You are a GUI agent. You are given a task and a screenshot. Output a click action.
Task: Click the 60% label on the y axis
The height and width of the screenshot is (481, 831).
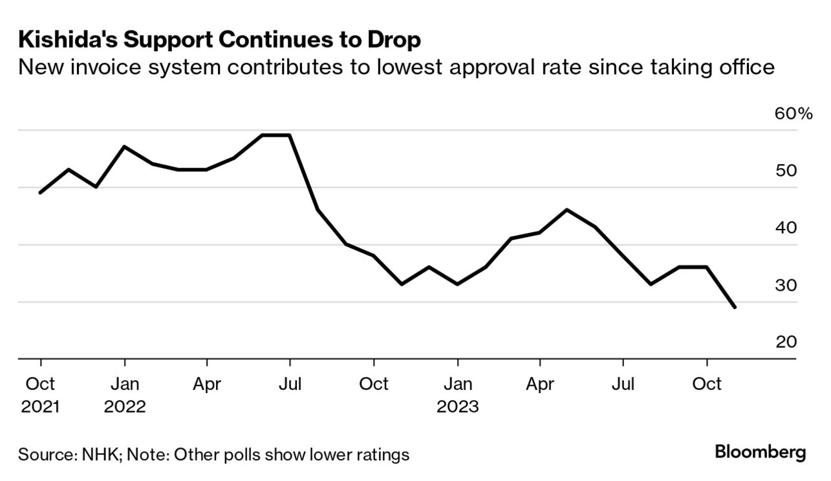[x=793, y=114]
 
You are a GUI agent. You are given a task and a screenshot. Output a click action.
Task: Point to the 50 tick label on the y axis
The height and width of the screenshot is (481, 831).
[x=786, y=171]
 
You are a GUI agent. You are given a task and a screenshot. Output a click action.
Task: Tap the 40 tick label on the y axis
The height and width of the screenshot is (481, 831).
[x=786, y=228]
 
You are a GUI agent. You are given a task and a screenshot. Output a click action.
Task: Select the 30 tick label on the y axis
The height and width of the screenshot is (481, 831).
[x=786, y=285]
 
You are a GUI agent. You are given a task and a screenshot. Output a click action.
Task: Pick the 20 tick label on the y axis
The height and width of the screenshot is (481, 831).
[x=786, y=342]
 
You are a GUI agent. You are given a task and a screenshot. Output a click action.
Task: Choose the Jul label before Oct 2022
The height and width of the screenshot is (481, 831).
[x=290, y=384]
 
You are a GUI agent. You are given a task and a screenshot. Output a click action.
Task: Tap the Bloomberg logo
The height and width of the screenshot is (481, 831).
[x=761, y=452]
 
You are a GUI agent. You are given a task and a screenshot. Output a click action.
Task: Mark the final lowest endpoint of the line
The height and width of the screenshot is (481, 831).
[x=735, y=307]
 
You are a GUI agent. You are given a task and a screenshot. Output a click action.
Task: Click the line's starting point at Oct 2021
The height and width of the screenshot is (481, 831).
[x=41, y=193]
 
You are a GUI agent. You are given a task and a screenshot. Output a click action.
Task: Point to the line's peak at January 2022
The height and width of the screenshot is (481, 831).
[x=124, y=147]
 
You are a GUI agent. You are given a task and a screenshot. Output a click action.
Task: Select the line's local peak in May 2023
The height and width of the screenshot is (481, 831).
[x=567, y=209]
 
